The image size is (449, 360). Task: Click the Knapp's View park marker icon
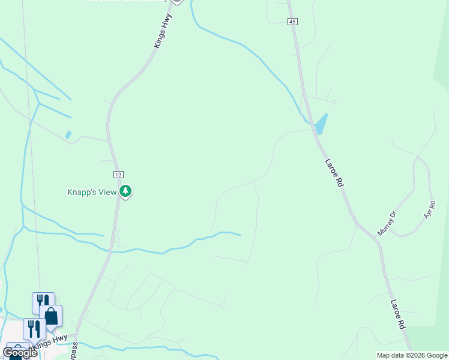pyautogui.click(x=125, y=191)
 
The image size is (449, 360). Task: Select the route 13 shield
pyautogui.click(x=118, y=175)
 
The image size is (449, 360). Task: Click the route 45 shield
pyautogui.click(x=292, y=22)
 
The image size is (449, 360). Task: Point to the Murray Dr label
pyautogui.click(x=387, y=222)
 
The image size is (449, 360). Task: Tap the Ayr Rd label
pyautogui.click(x=429, y=209)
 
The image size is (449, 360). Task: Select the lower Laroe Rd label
pyautogui.click(x=398, y=314)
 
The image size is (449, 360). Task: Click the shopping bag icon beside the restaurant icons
pyautogui.click(x=52, y=316)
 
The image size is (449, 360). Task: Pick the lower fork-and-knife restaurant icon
pyautogui.click(x=34, y=328)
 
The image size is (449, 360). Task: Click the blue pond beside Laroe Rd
pyautogui.click(x=321, y=124)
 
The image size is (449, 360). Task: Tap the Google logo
pyautogui.click(x=20, y=353)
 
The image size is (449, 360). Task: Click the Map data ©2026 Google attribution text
pyautogui.click(x=412, y=355)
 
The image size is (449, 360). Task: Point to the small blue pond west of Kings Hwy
pyautogui.click(x=68, y=135)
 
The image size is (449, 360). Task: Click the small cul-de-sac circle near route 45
pyautogui.click(x=334, y=102)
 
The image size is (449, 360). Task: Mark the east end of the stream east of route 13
pyautogui.click(x=241, y=235)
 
